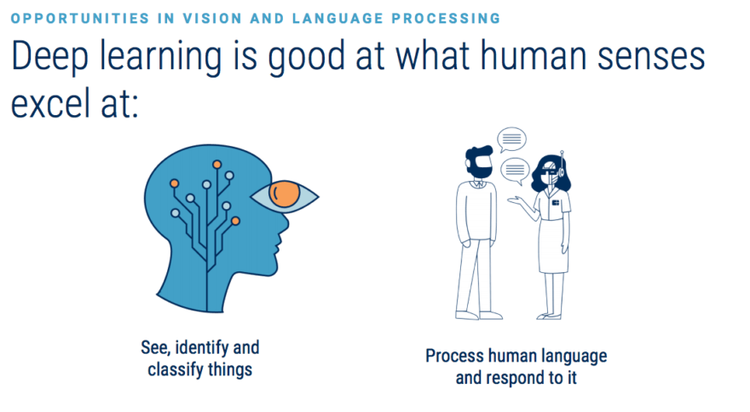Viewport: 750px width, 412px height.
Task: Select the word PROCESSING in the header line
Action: pyautogui.click(x=446, y=19)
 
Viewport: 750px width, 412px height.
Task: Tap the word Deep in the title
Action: pyautogui.click(x=50, y=57)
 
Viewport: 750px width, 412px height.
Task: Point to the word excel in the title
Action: pyautogui.click(x=50, y=102)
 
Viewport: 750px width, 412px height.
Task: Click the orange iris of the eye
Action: pyautogui.click(x=284, y=194)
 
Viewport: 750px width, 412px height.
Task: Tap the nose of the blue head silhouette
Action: pyautogui.click(x=284, y=224)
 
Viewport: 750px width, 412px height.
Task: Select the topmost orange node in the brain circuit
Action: pyautogui.click(x=216, y=165)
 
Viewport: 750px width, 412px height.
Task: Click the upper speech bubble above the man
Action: pyautogui.click(x=511, y=140)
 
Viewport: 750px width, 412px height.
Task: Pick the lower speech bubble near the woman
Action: pyautogui.click(x=515, y=171)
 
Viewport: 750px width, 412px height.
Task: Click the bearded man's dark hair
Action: pyautogui.click(x=477, y=154)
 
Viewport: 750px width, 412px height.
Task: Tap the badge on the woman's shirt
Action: pyautogui.click(x=556, y=203)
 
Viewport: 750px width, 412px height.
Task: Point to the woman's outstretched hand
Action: pyautogui.click(x=514, y=200)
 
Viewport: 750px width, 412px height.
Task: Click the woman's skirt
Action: pyautogui.click(x=553, y=247)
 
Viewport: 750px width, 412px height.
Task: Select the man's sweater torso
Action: pyautogui.click(x=476, y=211)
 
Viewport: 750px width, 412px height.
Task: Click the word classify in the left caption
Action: pyautogui.click(x=177, y=370)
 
